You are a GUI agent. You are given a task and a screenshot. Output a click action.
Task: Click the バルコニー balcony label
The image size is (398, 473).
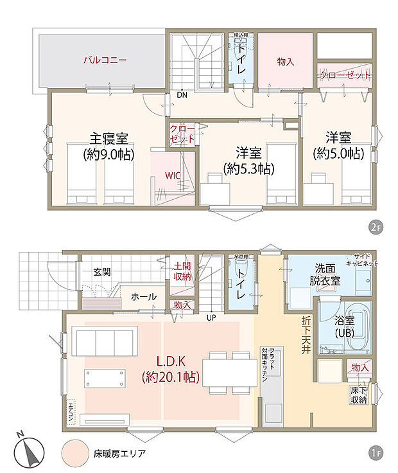pos(104,60)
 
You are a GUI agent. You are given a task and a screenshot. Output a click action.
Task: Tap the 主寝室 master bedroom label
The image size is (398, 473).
pos(108,138)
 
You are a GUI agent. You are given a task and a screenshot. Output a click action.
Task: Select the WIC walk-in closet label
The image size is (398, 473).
pos(172,175)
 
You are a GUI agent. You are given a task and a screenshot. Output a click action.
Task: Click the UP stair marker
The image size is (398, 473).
pos(211,316)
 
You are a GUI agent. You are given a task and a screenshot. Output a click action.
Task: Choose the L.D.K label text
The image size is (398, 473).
pos(170,361)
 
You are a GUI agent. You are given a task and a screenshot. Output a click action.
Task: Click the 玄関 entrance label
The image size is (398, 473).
pos(101,272)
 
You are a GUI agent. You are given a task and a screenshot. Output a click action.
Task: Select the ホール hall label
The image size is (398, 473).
pos(143,296)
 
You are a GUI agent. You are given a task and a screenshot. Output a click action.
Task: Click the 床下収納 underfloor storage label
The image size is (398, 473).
pos(358,395)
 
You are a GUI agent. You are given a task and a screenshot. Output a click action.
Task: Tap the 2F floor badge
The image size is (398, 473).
pos(376,227)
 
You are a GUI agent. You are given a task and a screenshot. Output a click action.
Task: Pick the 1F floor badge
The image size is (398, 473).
pos(376,454)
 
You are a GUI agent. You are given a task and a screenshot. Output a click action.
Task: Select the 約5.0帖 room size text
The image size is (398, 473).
pos(338,154)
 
